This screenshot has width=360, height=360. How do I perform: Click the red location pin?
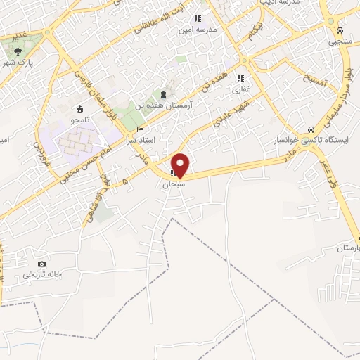(181, 165)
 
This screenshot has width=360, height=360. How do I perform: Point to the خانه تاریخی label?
(44, 274)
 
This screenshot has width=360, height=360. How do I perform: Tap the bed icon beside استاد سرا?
(140, 130)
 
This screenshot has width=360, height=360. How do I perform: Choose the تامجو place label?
(82, 120)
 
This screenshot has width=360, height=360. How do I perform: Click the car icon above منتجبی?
(340, 31)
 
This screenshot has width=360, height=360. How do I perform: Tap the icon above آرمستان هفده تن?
(164, 94)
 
